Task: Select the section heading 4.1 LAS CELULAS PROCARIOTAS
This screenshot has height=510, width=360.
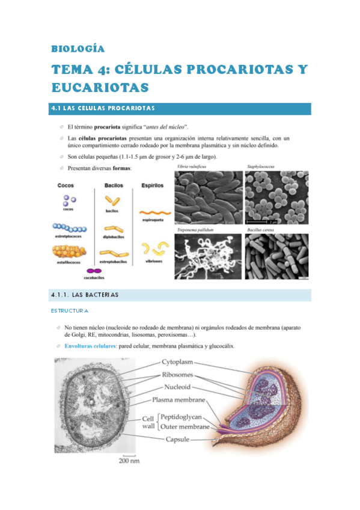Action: (103, 108)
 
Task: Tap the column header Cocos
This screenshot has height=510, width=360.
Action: (66, 186)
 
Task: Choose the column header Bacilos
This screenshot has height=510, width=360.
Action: (114, 186)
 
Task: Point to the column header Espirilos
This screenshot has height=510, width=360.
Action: (152, 186)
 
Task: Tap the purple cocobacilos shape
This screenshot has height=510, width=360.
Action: (93, 271)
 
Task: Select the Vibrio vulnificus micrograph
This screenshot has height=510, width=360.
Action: (207, 198)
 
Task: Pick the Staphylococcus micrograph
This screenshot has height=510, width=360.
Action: (278, 198)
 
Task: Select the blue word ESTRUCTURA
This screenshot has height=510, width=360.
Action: (70, 311)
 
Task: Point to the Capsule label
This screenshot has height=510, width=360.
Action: (178, 440)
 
